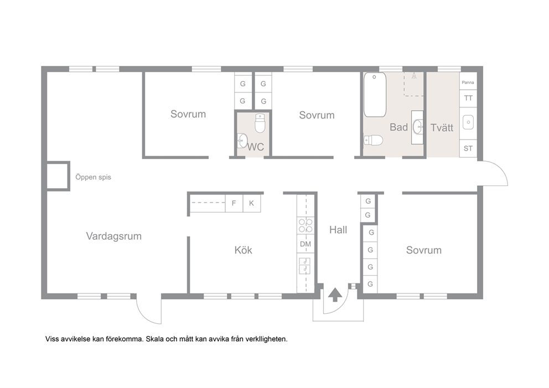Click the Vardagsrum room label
coord(114,236)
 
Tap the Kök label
coord(244,250)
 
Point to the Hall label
coord(338,230)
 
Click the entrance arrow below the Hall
coord(335,295)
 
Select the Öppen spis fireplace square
coord(58,176)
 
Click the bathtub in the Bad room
coord(375,95)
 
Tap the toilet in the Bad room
coord(373,141)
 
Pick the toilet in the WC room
coord(260,123)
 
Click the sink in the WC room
coord(242,141)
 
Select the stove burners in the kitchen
coord(305,225)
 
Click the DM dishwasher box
coord(305,244)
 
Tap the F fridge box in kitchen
coord(234,203)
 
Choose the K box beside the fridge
coord(251,203)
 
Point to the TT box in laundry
coord(468,99)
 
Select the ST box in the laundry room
coord(468,148)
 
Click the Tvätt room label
coord(442,127)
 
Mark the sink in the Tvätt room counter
coord(468,122)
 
